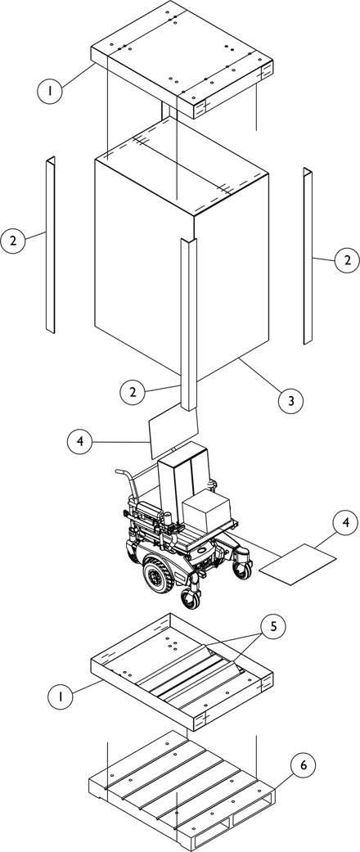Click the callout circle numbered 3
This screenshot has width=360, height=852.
[x=291, y=401]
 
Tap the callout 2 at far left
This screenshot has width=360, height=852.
[x=13, y=241]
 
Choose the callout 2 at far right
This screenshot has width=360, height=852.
[x=346, y=260]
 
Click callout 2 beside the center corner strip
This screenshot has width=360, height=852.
[x=133, y=392]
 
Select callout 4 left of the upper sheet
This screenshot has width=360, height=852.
[x=80, y=441]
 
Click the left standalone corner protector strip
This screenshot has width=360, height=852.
[x=51, y=245]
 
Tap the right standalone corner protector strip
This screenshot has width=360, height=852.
[x=308, y=255]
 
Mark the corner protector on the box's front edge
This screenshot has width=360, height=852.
[x=188, y=323]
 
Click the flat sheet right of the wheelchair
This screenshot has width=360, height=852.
[x=298, y=564]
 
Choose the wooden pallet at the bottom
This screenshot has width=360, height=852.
[x=182, y=791]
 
